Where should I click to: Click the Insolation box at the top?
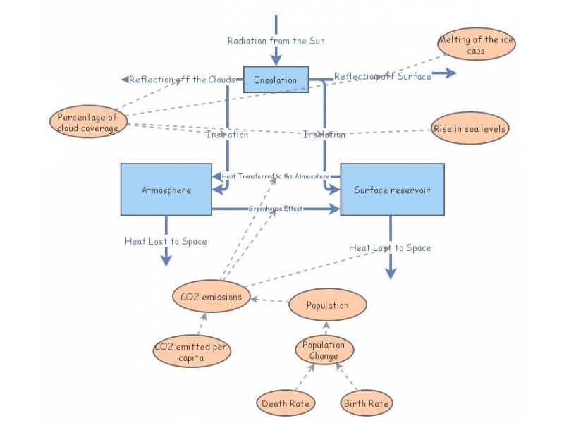(x=276, y=80)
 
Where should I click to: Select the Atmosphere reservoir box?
(x=166, y=190)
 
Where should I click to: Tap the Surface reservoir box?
(x=392, y=190)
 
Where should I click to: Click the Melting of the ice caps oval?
(x=476, y=44)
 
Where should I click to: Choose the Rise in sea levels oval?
(x=470, y=129)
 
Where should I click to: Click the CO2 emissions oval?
(x=211, y=297)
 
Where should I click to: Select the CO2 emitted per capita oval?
(x=192, y=352)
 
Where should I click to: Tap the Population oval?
(x=328, y=305)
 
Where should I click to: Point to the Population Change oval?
(x=324, y=350)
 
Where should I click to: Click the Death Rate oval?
(x=285, y=404)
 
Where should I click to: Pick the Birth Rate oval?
(x=366, y=404)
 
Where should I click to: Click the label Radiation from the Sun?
(x=276, y=41)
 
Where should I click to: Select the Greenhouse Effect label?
(x=275, y=209)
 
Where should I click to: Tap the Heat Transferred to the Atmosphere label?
(x=275, y=176)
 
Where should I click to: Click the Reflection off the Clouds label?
(x=181, y=80)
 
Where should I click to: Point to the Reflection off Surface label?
(x=382, y=76)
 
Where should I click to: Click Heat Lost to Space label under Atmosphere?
(x=166, y=241)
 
